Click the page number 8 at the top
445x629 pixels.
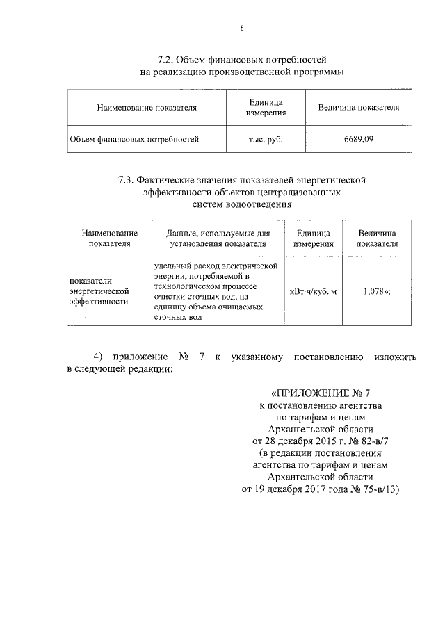pos(241,28)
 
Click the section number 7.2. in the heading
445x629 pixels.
pos(168,59)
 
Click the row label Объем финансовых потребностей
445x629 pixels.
pos(134,139)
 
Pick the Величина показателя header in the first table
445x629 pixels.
pos(358,108)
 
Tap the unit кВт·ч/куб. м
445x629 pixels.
pos(313,291)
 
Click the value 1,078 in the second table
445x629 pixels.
pos(375,291)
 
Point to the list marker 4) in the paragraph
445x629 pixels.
pos(98,357)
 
